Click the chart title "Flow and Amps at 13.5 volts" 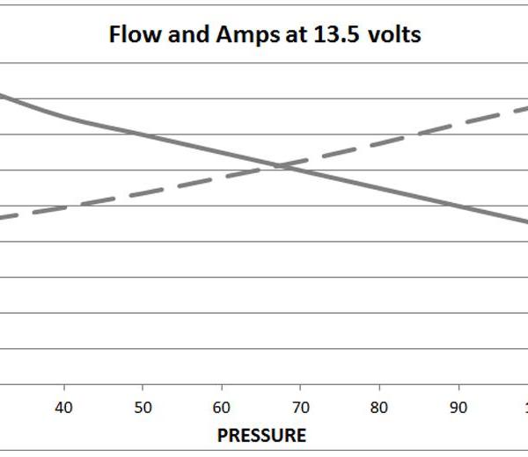pos(265,34)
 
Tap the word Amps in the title pos(247,35)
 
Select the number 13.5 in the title pos(336,34)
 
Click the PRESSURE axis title pos(261,436)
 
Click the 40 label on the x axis pos(63,408)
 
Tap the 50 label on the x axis pos(143,408)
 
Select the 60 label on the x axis pos(222,408)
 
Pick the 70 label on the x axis pos(300,408)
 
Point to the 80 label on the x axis pos(379,408)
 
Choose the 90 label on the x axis pos(458,408)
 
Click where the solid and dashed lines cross pos(282,166)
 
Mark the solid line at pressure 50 pos(143,134)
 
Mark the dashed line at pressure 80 pos(379,143)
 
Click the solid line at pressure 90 pos(458,205)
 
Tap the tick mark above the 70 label pos(300,388)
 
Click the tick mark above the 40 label pos(64,388)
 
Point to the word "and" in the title pos(188,34)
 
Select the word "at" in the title pos(297,35)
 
